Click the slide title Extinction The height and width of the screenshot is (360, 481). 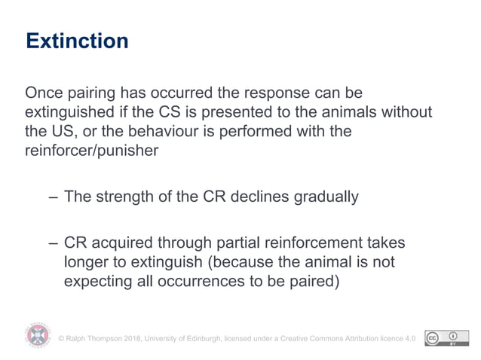(x=77, y=41)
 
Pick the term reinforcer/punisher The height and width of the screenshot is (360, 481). (x=95, y=151)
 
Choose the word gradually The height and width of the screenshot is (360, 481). (x=321, y=197)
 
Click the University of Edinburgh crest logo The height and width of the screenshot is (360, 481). (x=38, y=336)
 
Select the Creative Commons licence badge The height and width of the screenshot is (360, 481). (x=442, y=338)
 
